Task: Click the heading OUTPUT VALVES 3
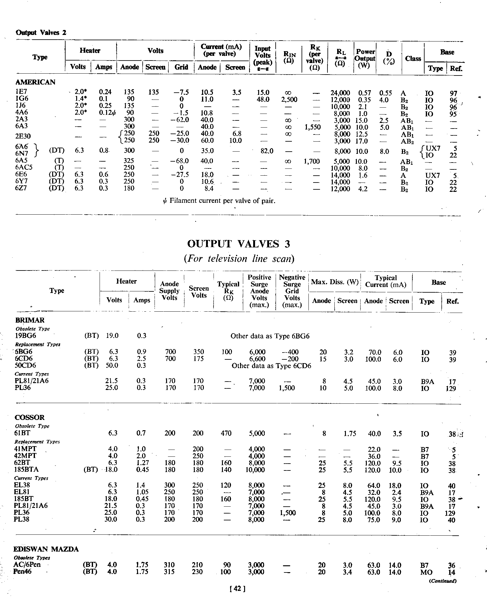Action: tap(239, 244)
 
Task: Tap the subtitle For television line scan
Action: tap(239, 259)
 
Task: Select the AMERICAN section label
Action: tap(35, 82)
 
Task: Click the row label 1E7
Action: tap(21, 92)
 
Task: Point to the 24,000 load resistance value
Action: tap(340, 93)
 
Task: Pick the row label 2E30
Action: tap(23, 137)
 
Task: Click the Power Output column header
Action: tap(365, 58)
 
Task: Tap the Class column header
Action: tap(413, 58)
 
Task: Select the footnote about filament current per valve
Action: tap(217, 201)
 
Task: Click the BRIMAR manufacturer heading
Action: tap(30, 320)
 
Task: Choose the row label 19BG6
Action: tap(26, 336)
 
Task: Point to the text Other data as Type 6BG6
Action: tap(270, 336)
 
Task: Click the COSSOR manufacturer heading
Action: tap(30, 417)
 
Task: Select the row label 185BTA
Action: tap(26, 470)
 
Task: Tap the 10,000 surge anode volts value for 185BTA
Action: tap(255, 470)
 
